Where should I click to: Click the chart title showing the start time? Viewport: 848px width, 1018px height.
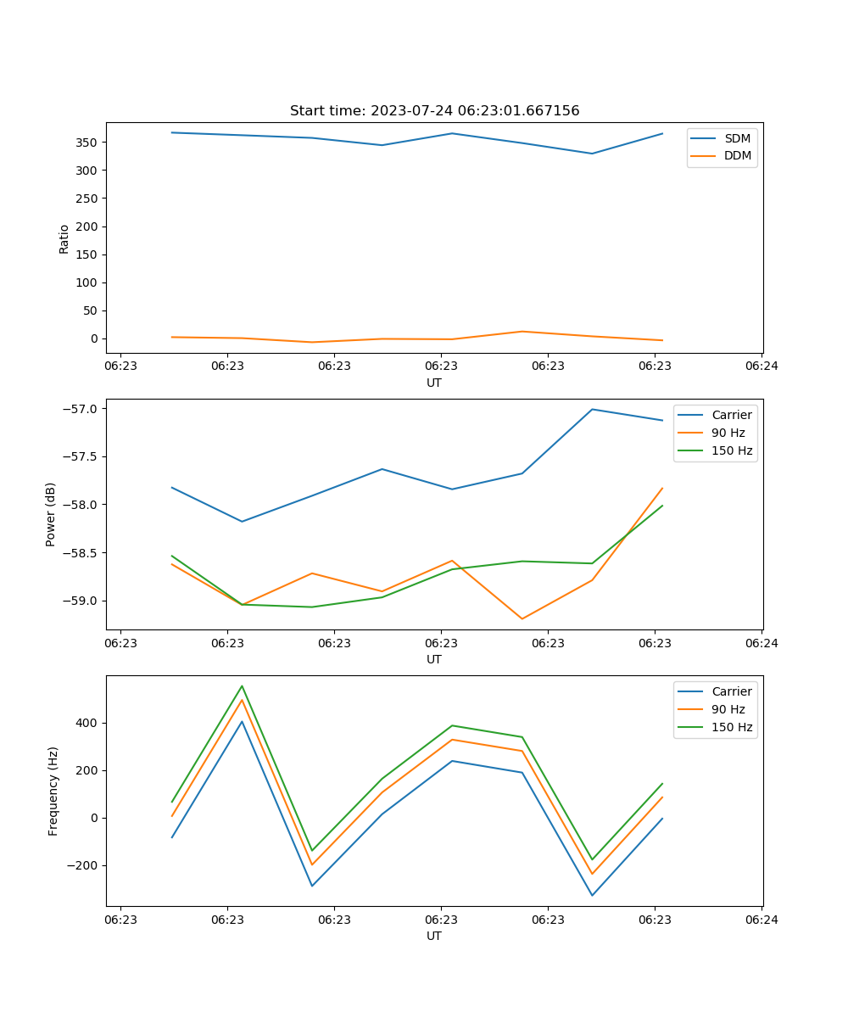(x=434, y=111)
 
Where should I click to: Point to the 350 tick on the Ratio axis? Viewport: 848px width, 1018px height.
(x=88, y=143)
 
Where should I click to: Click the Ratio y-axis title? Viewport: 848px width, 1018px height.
(x=64, y=238)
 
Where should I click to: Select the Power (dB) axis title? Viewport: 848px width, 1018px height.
(x=51, y=514)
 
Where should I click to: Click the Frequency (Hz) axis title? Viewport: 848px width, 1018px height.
(x=53, y=791)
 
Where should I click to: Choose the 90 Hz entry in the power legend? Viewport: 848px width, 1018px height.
(x=728, y=433)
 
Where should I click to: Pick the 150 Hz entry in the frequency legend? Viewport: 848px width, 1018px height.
(x=732, y=727)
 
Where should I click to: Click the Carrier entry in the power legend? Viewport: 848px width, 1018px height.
(x=731, y=415)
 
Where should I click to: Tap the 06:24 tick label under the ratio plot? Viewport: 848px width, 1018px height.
(x=761, y=366)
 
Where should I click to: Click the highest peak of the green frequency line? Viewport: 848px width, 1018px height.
(x=242, y=685)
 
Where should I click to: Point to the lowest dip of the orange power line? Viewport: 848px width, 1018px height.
(x=522, y=618)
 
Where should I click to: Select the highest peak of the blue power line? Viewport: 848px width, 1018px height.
(x=592, y=409)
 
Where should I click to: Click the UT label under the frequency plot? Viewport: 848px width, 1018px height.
(x=434, y=936)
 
